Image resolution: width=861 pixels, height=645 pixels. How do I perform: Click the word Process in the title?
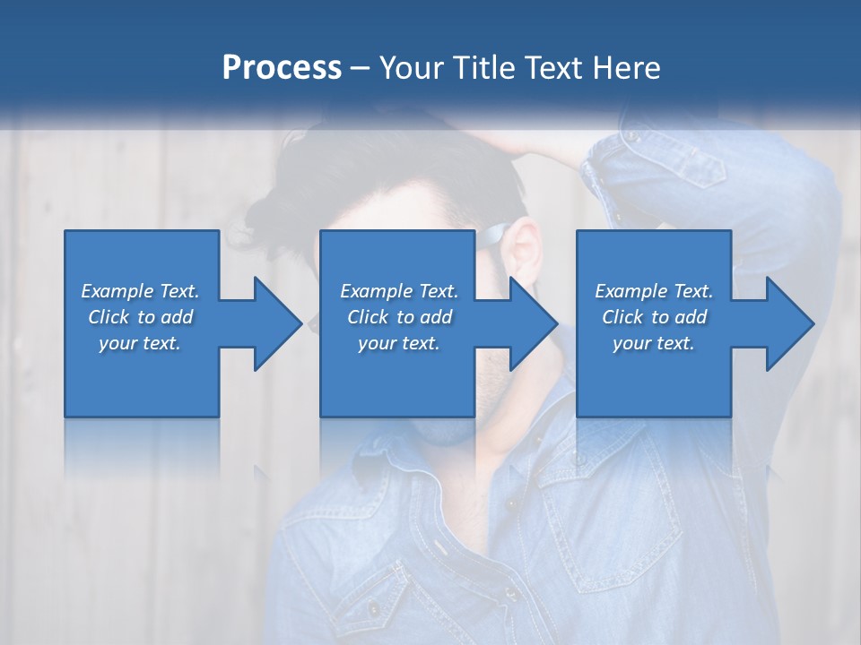point(282,68)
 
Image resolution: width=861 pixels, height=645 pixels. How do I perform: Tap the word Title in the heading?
point(484,68)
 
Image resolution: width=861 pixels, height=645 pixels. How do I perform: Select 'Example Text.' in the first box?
point(140,291)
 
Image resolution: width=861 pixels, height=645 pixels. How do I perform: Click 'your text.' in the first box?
point(140,343)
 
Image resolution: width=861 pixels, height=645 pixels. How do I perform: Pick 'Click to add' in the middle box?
point(399,317)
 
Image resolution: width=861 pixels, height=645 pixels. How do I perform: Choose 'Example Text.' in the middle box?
point(399,291)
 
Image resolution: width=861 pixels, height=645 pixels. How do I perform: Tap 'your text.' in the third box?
point(654,343)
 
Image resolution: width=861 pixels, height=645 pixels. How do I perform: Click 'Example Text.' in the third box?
point(654,291)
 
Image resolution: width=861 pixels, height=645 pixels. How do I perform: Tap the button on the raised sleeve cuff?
point(633,137)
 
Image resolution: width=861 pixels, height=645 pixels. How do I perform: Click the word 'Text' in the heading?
point(552,68)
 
